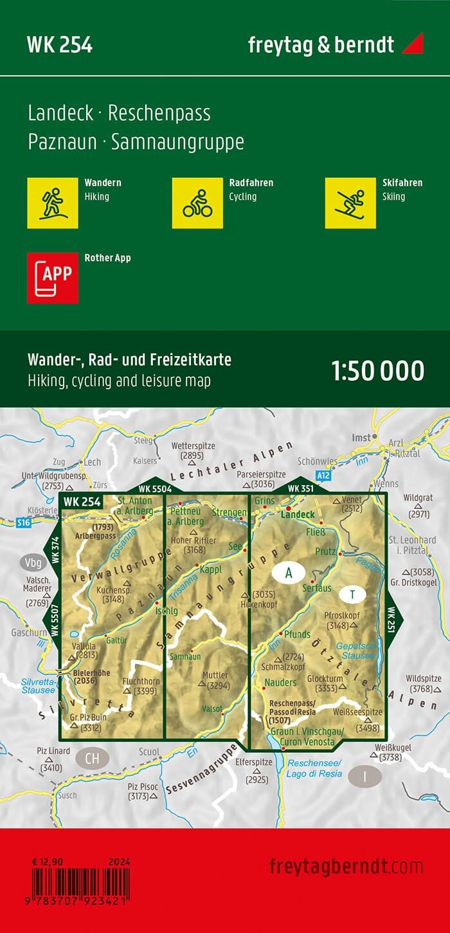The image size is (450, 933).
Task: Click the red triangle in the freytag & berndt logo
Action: [x=412, y=44]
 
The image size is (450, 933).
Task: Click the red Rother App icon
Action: [x=53, y=277]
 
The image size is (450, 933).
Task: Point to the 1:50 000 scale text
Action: [x=377, y=371]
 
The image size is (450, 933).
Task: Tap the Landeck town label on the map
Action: [x=298, y=514]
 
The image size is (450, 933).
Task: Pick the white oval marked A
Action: [x=289, y=572]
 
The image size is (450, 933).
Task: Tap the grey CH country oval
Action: [x=93, y=758]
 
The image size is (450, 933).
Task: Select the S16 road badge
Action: [x=24, y=522]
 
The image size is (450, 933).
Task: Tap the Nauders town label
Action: [x=280, y=682]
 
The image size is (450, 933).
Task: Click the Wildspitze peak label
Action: [x=423, y=679]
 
